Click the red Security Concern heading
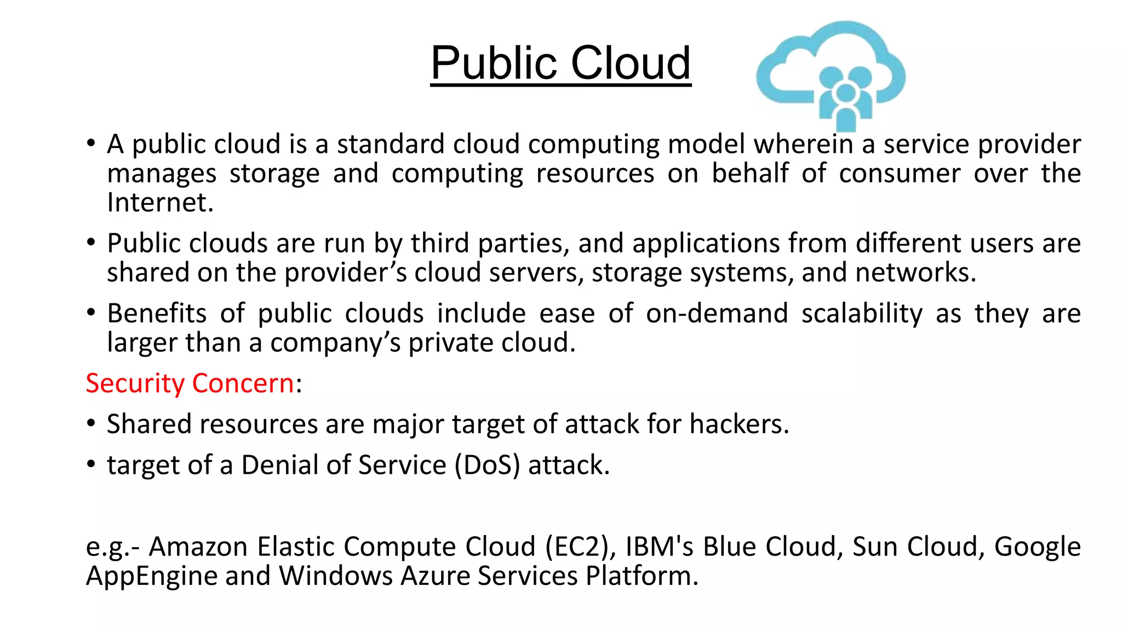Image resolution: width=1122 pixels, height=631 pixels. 190,383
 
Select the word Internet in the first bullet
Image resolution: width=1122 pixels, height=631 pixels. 159,203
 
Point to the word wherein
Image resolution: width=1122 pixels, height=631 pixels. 803,144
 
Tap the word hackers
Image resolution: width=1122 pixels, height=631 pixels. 739,424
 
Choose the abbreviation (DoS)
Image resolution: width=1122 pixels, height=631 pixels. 487,465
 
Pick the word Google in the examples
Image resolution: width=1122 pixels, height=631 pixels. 1037,547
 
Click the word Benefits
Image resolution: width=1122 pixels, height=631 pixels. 157,313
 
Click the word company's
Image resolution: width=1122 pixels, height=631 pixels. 335,343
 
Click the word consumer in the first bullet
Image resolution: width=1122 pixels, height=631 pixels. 900,174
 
